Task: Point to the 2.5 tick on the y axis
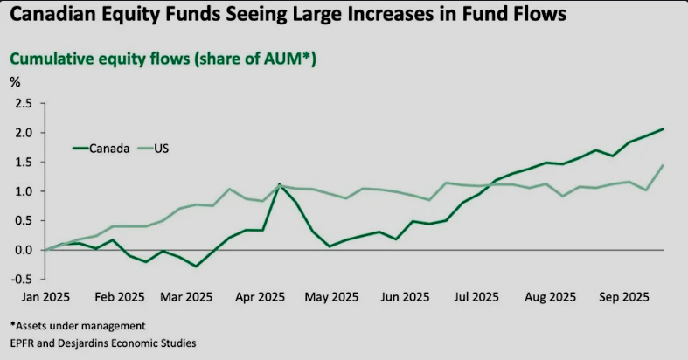click(24, 103)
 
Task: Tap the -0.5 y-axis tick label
click(22, 280)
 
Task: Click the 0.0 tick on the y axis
click(24, 250)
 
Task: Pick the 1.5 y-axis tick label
click(24, 162)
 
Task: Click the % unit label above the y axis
click(15, 82)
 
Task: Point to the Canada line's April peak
click(278, 184)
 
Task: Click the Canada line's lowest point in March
click(196, 266)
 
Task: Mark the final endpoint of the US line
click(663, 165)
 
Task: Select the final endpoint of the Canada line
click(663, 129)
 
